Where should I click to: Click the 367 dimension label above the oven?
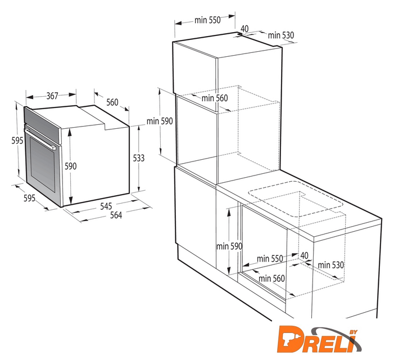(x=52, y=96)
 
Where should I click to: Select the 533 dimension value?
(x=139, y=158)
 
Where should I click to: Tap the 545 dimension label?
(x=106, y=206)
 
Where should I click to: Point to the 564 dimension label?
(x=116, y=215)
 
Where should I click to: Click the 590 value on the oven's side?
(x=71, y=166)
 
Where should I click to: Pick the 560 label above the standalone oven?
(x=112, y=102)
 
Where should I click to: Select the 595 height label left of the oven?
(x=17, y=141)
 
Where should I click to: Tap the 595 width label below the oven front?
(x=29, y=198)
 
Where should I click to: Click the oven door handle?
(x=40, y=139)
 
